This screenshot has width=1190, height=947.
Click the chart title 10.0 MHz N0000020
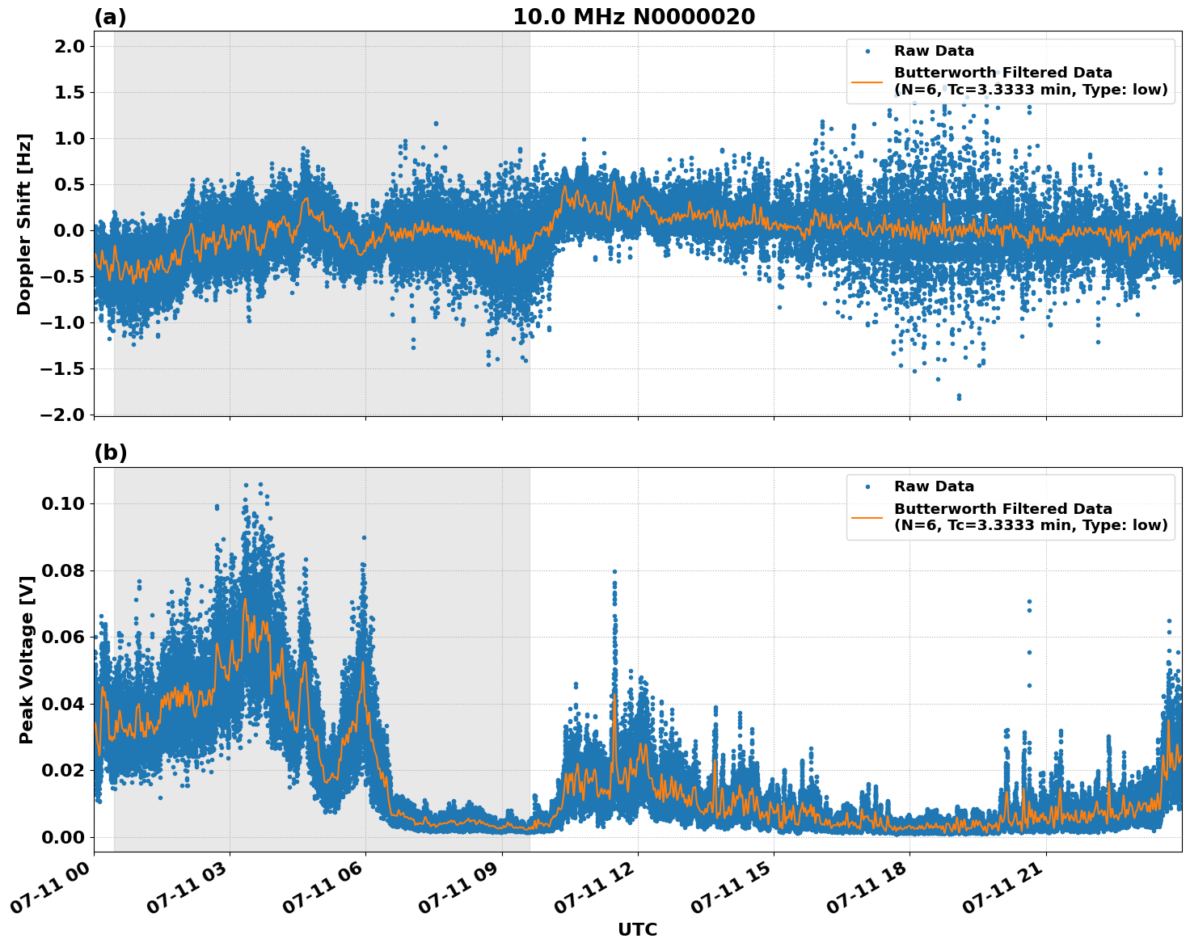[634, 17]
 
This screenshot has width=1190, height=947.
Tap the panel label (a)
[110, 17]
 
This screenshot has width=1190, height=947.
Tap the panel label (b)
[110, 452]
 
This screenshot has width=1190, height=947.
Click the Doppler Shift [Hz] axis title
[24, 224]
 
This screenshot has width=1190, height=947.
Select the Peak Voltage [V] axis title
[27, 660]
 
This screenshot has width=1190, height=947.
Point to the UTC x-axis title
[637, 929]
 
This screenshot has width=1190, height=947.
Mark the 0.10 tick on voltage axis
[62, 503]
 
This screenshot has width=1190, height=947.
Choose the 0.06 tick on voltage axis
[62, 637]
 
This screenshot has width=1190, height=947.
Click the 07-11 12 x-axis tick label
[598, 889]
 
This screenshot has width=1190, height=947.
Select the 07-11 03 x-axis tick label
[190, 889]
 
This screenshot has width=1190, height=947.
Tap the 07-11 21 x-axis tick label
[1006, 889]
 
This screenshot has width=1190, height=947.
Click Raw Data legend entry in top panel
[934, 51]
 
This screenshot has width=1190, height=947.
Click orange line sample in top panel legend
[867, 81]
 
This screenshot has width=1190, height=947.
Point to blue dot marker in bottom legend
[867, 486]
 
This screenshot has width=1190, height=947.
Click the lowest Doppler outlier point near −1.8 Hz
[959, 397]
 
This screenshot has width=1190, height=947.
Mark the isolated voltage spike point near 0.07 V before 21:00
[1029, 602]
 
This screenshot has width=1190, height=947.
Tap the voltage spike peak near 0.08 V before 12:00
[614, 571]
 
